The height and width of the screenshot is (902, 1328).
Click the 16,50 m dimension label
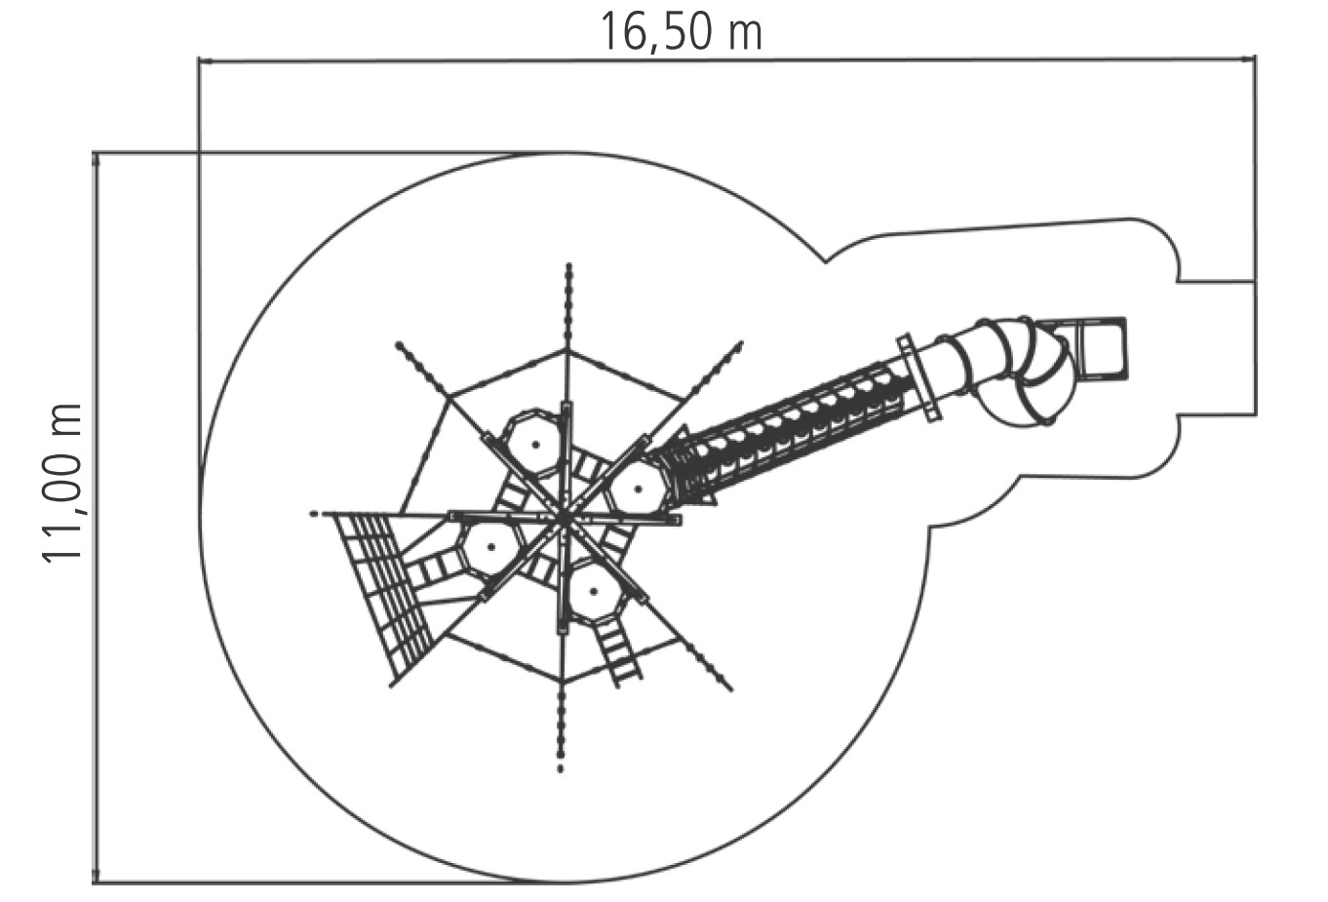click(x=681, y=31)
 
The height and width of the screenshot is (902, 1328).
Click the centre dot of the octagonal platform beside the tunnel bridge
click(x=638, y=490)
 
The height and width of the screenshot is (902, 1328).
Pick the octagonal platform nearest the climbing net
click(x=490, y=547)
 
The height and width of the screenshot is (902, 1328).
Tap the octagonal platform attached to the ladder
click(x=594, y=591)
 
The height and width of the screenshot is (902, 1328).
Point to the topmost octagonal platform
click(x=535, y=444)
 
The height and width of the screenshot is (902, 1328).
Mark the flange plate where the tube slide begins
click(x=918, y=377)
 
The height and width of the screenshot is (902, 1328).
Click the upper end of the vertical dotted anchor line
click(x=568, y=265)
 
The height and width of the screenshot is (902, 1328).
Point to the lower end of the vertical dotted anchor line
click(x=561, y=769)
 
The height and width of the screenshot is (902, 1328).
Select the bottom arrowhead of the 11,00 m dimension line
click(x=96, y=876)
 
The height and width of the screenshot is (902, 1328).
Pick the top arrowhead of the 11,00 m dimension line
click(x=96, y=161)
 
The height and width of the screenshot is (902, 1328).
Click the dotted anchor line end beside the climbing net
click(x=313, y=514)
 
